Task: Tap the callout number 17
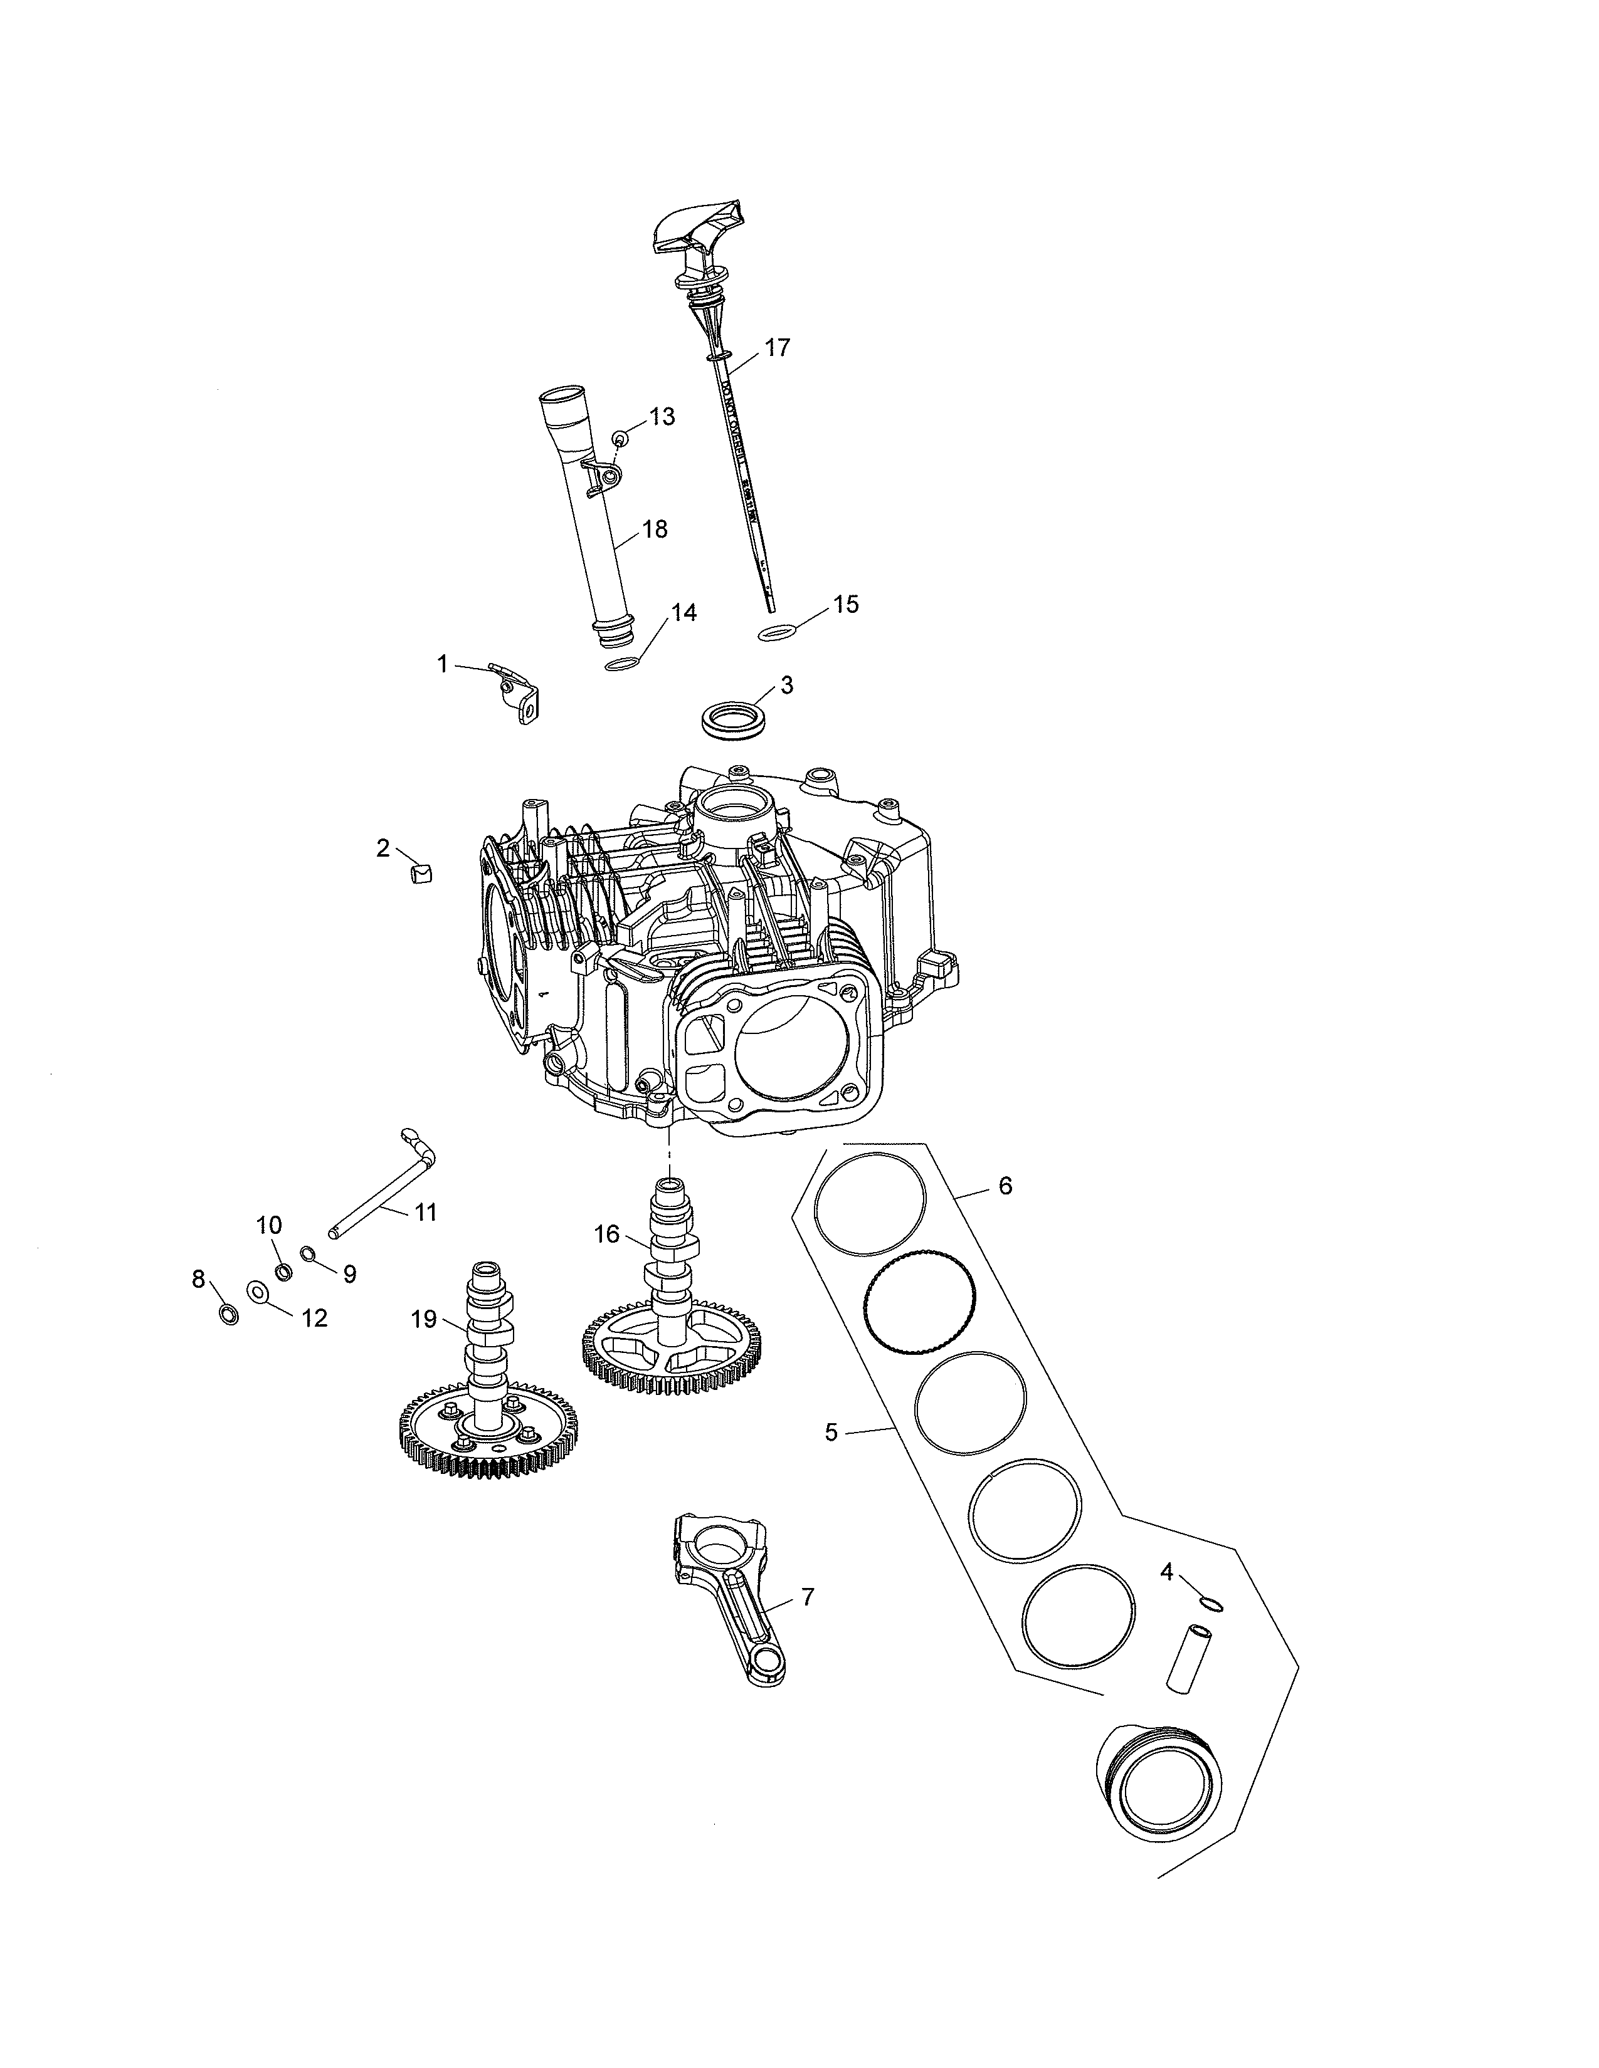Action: click(x=777, y=348)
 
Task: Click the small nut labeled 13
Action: click(x=620, y=439)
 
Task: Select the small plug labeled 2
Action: click(x=421, y=871)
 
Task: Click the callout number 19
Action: click(x=423, y=1319)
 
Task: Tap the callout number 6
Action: click(x=1005, y=1186)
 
